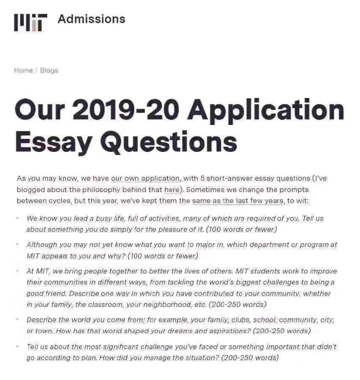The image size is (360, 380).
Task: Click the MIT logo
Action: click(30, 22)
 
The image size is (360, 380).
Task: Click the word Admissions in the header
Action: click(91, 19)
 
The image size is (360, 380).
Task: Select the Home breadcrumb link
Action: click(23, 71)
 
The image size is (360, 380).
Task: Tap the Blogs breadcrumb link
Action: click(49, 71)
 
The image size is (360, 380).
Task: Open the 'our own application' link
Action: click(145, 179)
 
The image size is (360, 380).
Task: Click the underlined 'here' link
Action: click(172, 190)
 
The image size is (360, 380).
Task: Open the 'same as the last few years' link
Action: click(237, 201)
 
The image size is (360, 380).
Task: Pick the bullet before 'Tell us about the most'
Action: click(18, 347)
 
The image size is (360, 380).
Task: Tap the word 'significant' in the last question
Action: click(115, 347)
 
